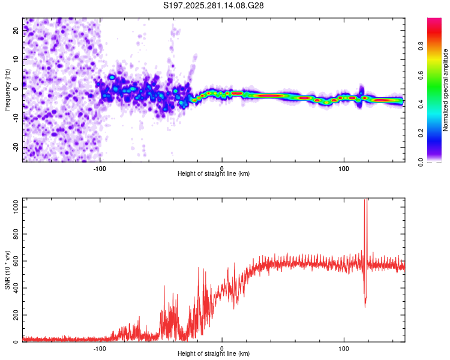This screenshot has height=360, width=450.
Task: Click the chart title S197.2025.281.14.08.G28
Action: pyautogui.click(x=214, y=5)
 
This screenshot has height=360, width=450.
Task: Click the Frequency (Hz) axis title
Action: pyautogui.click(x=7, y=90)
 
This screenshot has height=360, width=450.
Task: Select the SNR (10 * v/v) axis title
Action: pyautogui.click(x=7, y=270)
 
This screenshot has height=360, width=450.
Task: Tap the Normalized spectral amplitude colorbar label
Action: pyautogui.click(x=446, y=90)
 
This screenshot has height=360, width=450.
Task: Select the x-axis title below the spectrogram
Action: pyautogui.click(x=214, y=174)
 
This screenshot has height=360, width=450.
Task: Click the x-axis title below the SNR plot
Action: pyautogui.click(x=214, y=354)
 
